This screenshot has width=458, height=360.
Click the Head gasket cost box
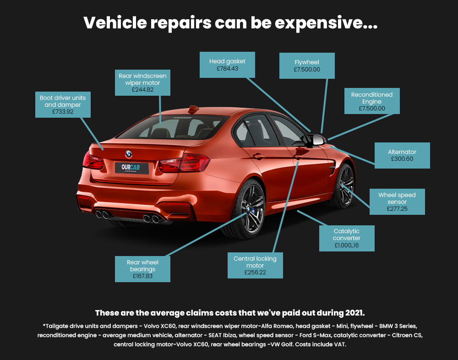[227, 65]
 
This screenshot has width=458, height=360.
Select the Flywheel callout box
[307, 66]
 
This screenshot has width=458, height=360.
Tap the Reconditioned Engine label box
[372, 101]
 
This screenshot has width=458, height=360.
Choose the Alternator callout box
[402, 155]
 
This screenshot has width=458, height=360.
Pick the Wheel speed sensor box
[397, 202]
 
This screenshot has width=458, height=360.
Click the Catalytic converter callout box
[347, 238]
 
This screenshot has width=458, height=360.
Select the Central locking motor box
[255, 265]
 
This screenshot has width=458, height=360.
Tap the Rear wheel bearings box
[142, 269]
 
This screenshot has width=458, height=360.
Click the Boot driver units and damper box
[63, 104]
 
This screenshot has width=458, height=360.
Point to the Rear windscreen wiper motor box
[142, 82]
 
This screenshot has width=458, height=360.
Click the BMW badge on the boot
[129, 154]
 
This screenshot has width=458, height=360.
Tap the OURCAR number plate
[132, 168]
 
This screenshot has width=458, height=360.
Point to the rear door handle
[258, 156]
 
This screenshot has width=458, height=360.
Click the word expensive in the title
[326, 23]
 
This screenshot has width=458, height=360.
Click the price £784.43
[227, 69]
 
